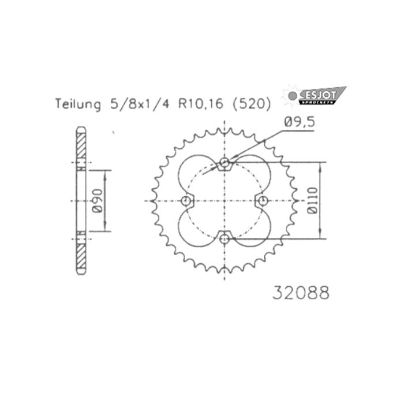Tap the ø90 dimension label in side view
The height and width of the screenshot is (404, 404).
[x=99, y=200]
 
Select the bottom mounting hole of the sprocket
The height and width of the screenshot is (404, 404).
[x=225, y=237]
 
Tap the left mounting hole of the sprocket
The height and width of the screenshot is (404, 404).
[x=186, y=200]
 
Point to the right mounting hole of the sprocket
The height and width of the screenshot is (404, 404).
[x=263, y=200]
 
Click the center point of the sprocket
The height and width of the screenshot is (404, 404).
[x=225, y=200]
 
